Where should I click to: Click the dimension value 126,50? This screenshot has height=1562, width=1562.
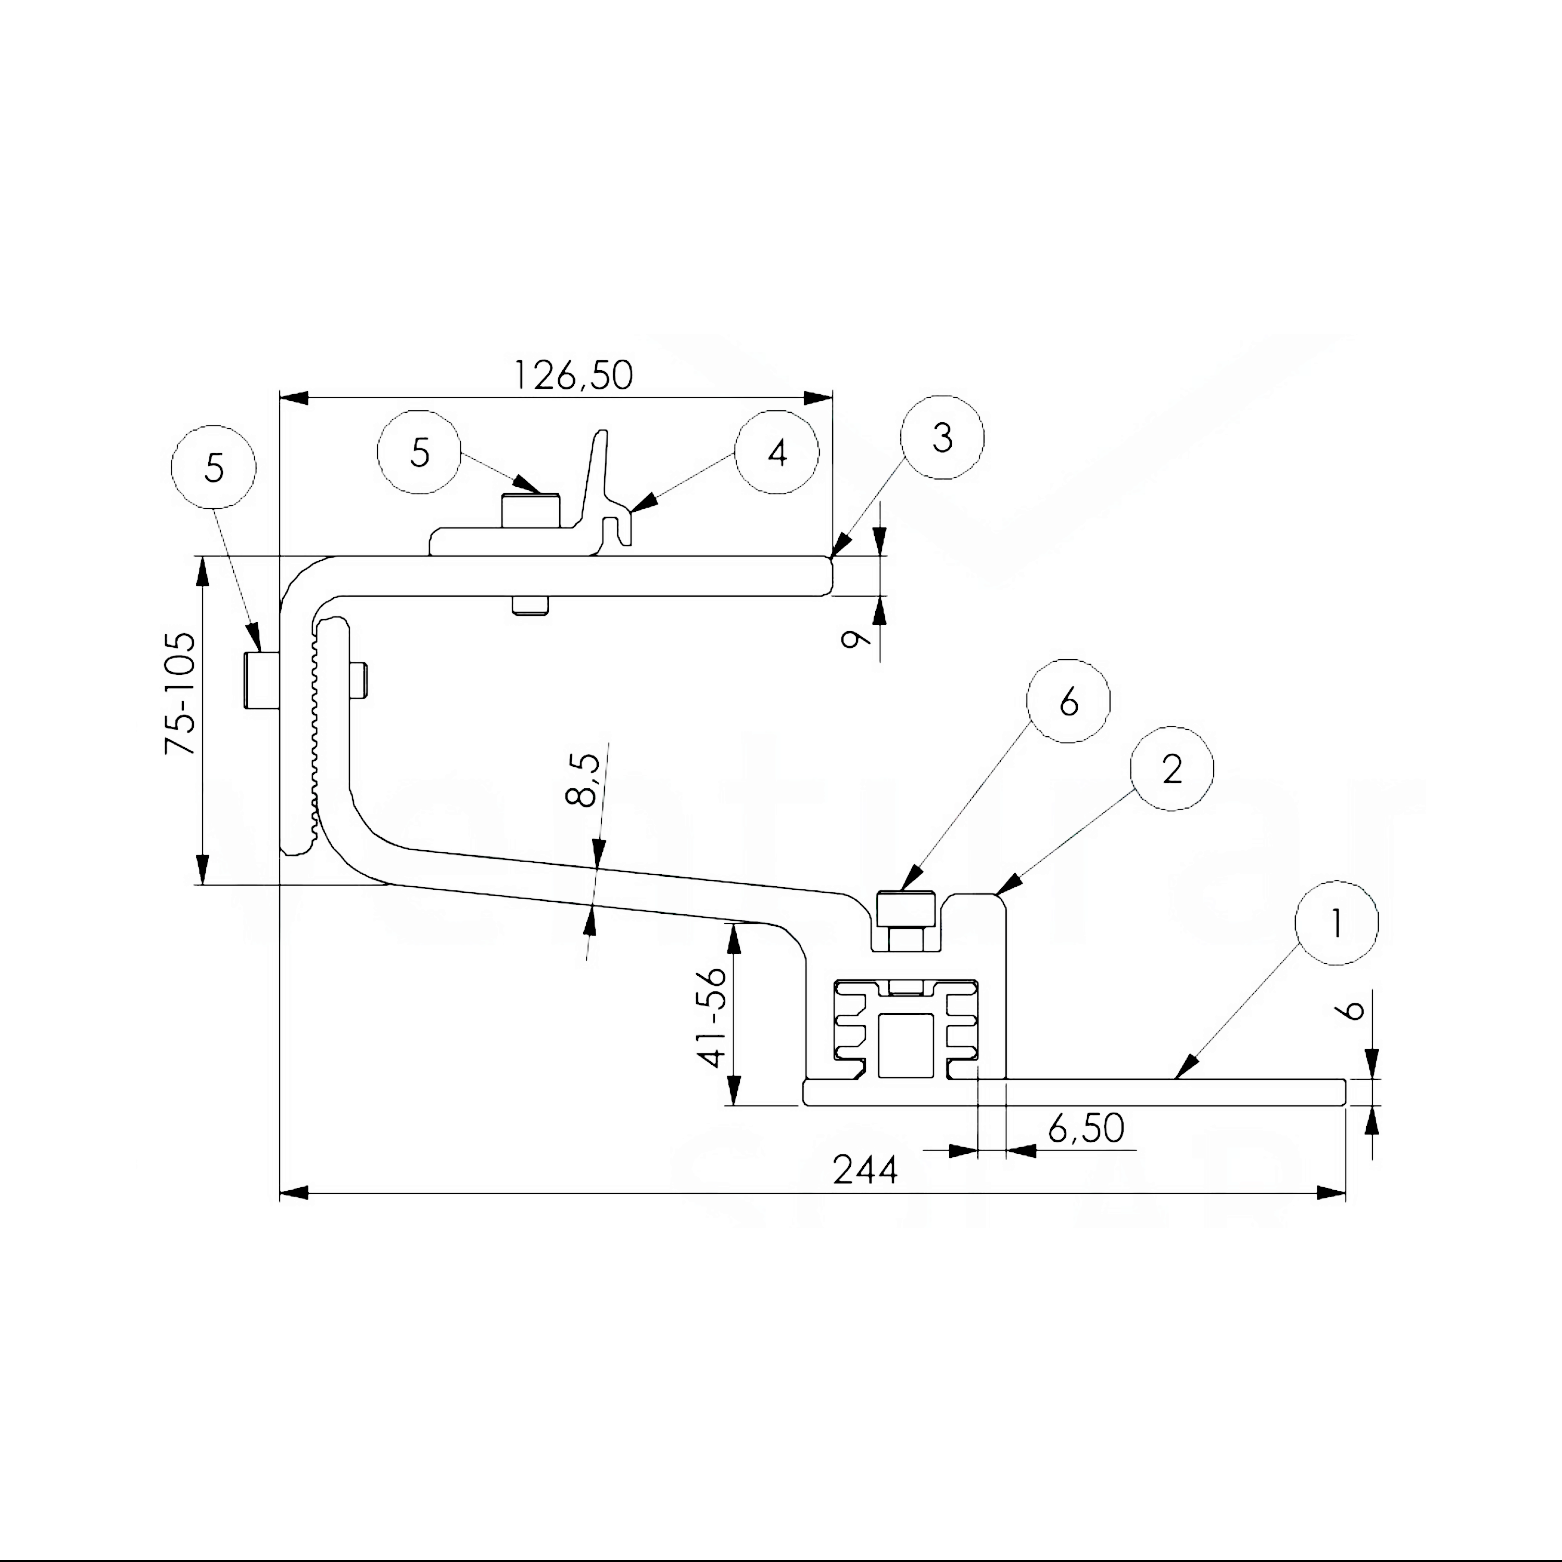(x=573, y=376)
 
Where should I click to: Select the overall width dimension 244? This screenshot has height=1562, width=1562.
(x=865, y=1170)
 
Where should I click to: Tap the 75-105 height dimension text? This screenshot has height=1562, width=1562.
(x=180, y=694)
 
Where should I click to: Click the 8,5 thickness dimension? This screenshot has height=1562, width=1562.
(x=583, y=780)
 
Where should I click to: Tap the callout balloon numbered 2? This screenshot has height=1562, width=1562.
(x=1172, y=769)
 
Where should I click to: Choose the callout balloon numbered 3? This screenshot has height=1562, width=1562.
(x=942, y=437)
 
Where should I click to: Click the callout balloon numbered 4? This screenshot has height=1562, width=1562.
(x=776, y=453)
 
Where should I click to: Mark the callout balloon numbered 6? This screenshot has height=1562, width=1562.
(x=1068, y=702)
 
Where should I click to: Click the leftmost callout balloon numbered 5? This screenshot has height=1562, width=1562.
(x=213, y=468)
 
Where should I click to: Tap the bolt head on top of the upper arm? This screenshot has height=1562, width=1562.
(x=531, y=511)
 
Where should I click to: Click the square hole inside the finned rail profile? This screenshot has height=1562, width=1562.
(x=905, y=1045)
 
